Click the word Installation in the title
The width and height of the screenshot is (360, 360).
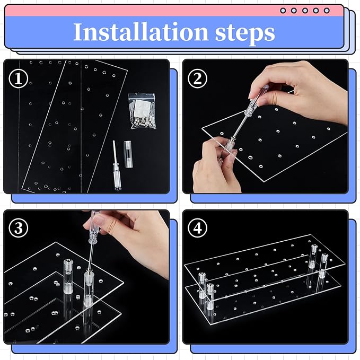(x=141, y=31)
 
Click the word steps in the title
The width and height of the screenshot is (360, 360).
(x=245, y=33)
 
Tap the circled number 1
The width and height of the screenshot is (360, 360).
(x=19, y=78)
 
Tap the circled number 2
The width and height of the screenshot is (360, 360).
(x=197, y=78)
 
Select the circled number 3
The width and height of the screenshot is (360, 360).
(x=19, y=229)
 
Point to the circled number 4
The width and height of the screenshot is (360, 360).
(x=197, y=229)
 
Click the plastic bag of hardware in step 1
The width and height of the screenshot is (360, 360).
(x=142, y=111)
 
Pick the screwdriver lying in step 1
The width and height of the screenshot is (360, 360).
(x=117, y=166)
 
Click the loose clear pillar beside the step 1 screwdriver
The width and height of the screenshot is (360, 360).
(x=128, y=154)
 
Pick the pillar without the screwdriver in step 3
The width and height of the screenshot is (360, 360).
(x=68, y=276)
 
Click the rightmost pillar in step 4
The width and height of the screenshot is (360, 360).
(x=323, y=266)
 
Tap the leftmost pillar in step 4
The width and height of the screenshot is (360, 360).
(x=202, y=285)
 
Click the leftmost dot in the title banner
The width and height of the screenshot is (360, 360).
(x=283, y=11)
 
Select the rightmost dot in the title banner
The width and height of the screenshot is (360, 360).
(x=327, y=11)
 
